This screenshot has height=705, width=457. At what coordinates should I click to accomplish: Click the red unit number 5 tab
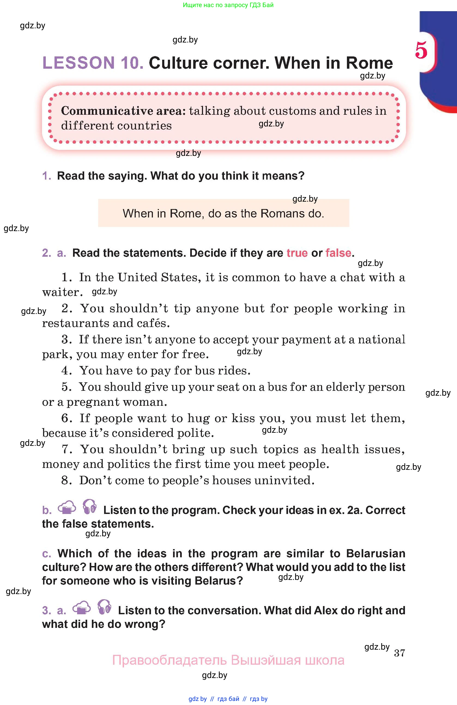[421, 50]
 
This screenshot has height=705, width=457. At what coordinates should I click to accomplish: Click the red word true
[297, 253]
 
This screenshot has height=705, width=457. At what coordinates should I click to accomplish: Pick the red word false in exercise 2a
[338, 253]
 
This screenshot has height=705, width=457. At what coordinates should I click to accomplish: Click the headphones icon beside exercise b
[89, 507]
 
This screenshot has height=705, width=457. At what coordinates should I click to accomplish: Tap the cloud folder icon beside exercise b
[67, 507]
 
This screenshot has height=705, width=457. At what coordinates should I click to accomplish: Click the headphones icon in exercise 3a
[104, 607]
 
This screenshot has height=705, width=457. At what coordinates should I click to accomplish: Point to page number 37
[400, 653]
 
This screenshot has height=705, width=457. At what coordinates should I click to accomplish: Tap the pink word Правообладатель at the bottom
[169, 660]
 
